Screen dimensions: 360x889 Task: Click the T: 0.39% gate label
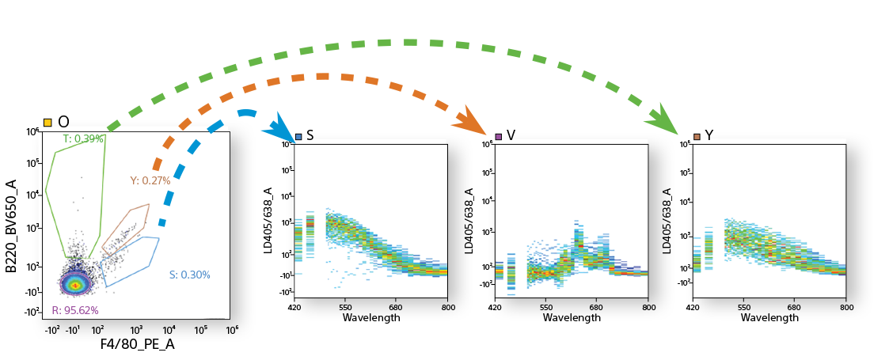(83, 138)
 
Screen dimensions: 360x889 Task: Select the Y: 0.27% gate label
(150, 181)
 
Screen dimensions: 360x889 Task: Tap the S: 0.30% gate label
(189, 275)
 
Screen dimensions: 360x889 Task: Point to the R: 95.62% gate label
(75, 310)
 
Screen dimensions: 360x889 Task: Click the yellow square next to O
(48, 122)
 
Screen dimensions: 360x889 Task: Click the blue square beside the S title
(298, 136)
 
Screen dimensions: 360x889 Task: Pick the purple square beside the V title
(498, 136)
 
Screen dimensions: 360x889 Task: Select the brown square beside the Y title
(697, 136)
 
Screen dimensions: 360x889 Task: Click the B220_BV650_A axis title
(11, 226)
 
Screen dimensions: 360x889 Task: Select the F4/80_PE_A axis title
(137, 345)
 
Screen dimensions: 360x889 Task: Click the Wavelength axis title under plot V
(571, 318)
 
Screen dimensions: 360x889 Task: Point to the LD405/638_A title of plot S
(268, 221)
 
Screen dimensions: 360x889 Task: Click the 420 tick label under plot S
(294, 307)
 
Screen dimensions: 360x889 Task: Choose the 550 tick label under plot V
(545, 307)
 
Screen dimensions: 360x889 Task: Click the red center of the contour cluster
(75, 285)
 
